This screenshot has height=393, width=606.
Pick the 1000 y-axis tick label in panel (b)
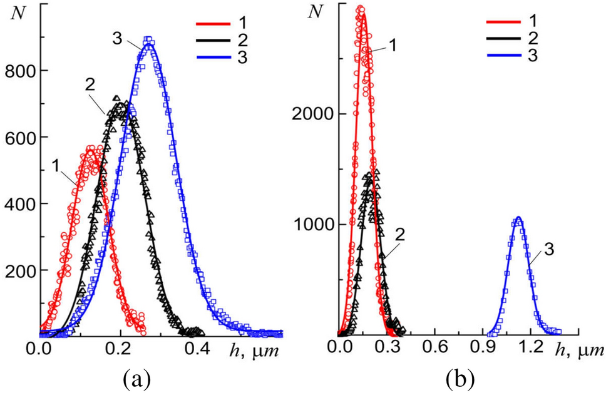(312, 225)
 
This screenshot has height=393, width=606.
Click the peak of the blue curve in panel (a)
(148, 41)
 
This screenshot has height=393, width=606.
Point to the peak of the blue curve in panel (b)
(518, 218)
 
